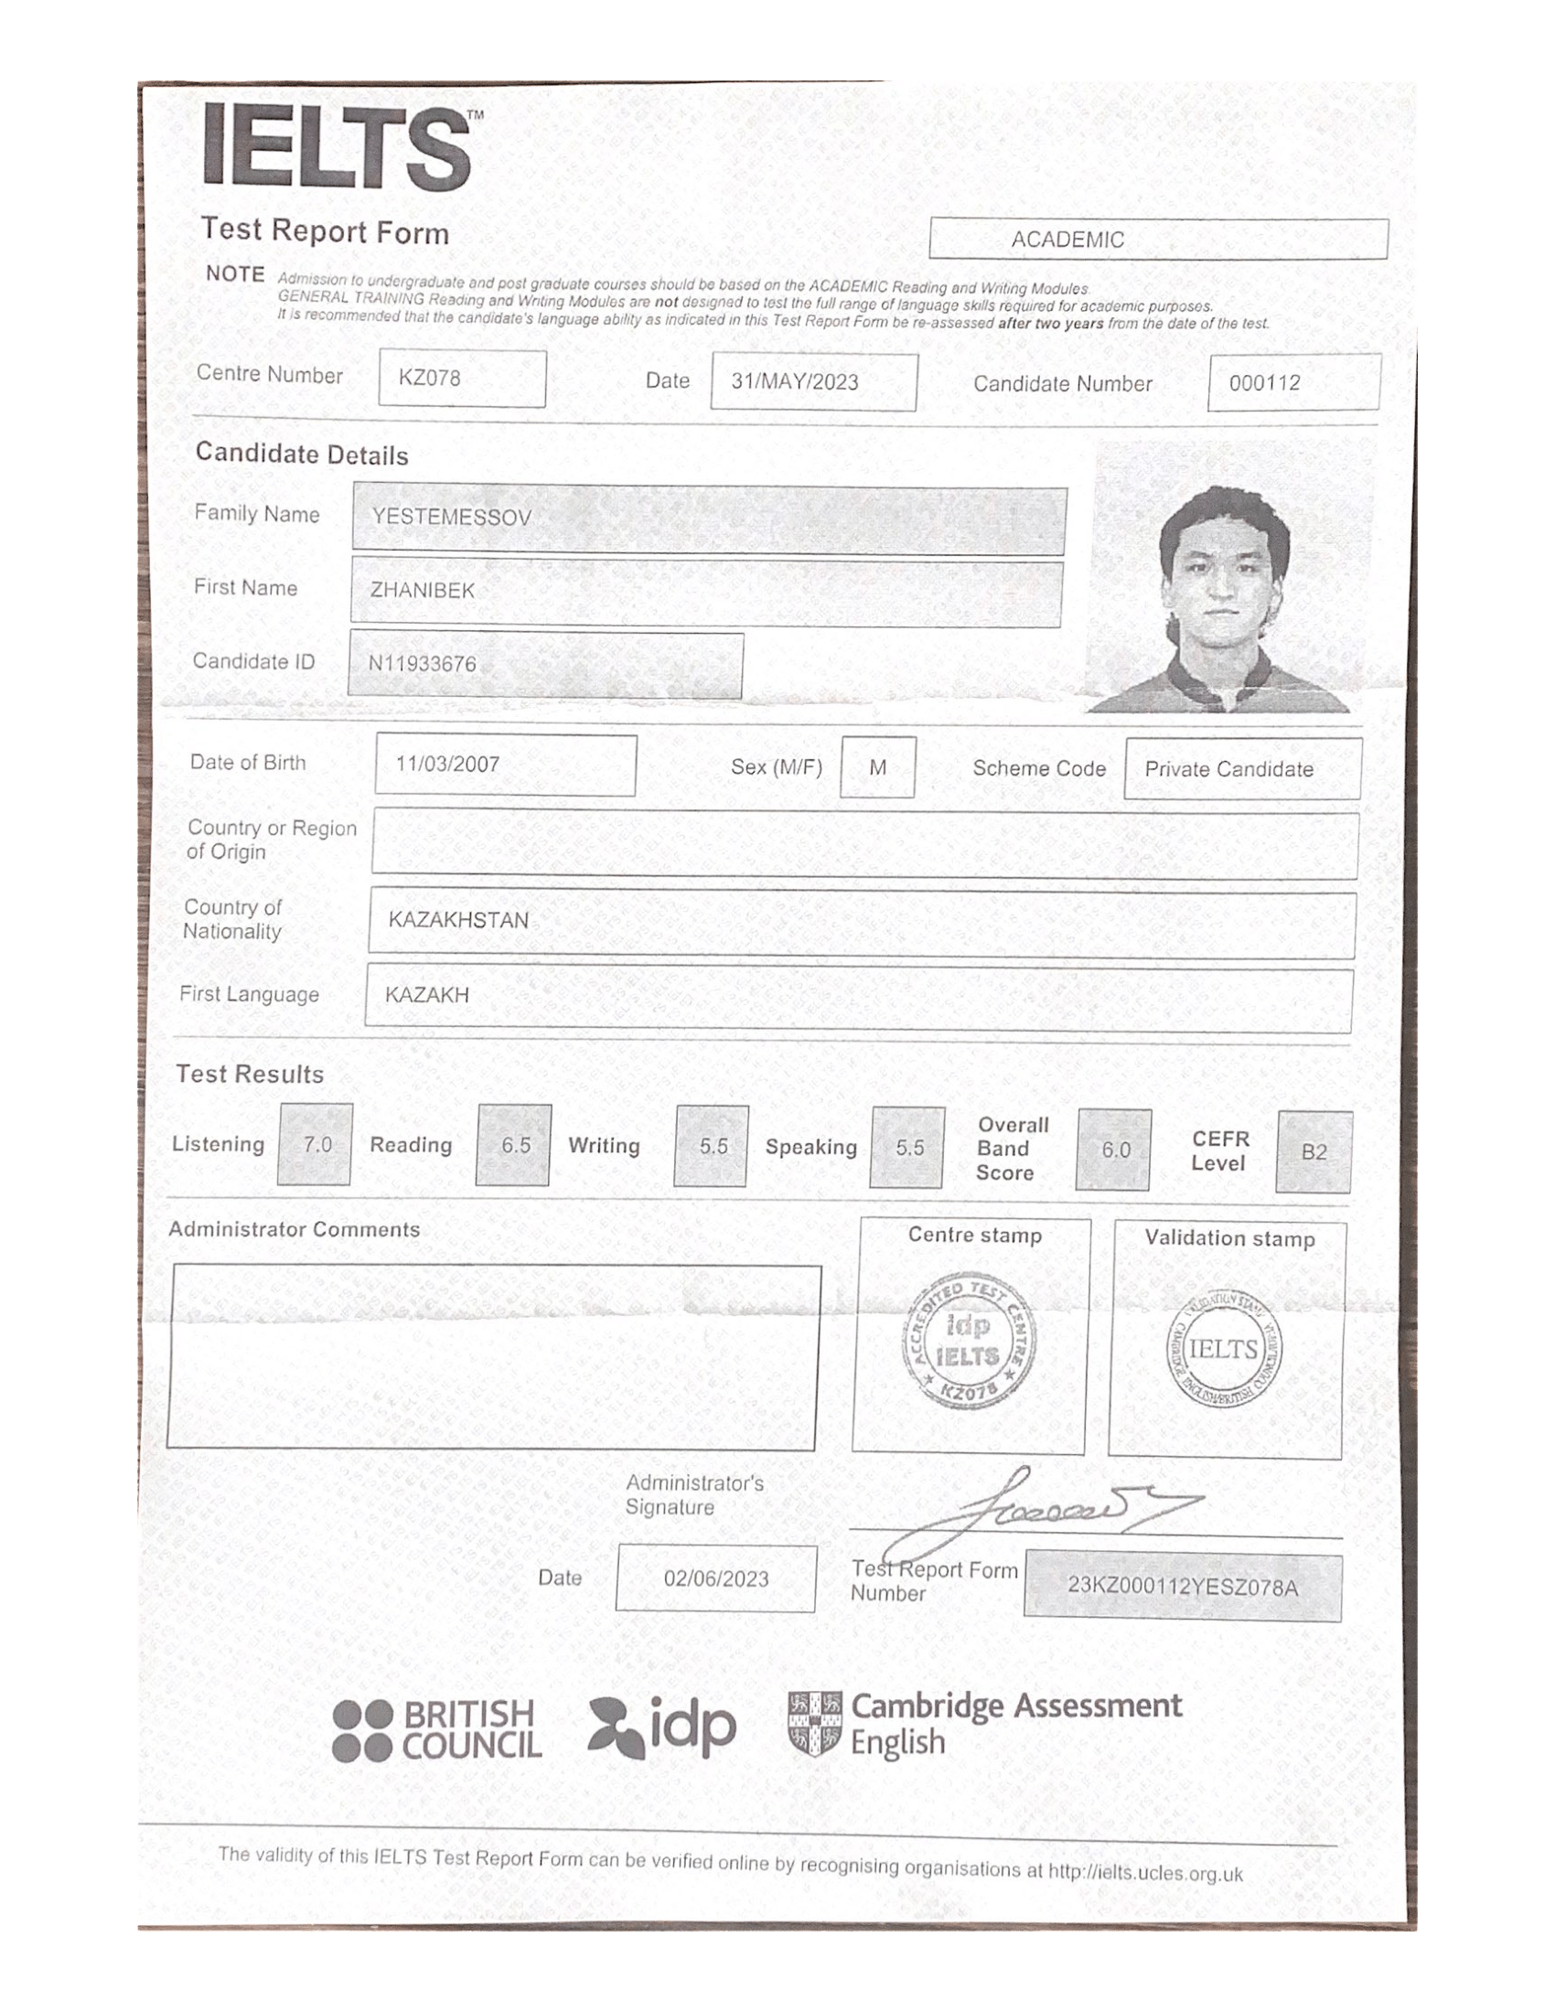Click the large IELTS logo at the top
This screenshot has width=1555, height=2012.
click(338, 147)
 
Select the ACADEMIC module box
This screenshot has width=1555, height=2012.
click(1158, 240)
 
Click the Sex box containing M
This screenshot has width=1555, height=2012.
click(877, 767)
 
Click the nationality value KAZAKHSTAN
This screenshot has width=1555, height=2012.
click(459, 919)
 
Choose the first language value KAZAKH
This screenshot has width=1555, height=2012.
click(427, 995)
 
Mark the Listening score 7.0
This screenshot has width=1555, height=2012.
click(316, 1144)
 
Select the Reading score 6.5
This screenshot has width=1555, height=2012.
click(514, 1145)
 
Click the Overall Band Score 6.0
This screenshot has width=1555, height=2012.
click(1115, 1150)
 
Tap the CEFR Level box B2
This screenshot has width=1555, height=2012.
click(1314, 1151)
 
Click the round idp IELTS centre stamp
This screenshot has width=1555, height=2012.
click(968, 1342)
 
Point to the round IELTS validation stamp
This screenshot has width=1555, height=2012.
click(1223, 1349)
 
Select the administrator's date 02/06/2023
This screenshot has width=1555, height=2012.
click(716, 1579)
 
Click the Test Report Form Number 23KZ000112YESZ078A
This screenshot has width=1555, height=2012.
click(1183, 1587)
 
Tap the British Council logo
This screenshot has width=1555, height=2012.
click(436, 1731)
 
